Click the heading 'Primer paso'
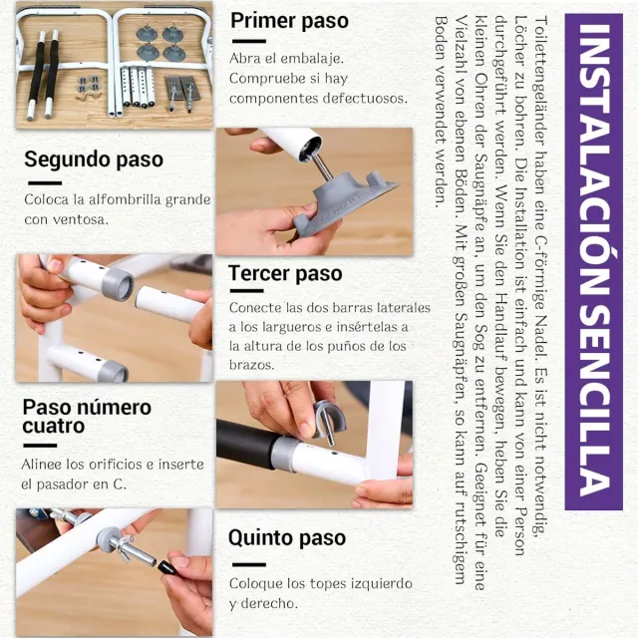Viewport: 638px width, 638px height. pos(289,21)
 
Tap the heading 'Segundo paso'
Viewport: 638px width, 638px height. pos(94,159)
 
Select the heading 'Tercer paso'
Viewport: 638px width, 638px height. pos(285,274)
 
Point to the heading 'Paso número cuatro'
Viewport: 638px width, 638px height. pos(87,417)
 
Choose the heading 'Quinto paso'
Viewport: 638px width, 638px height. pos(287,538)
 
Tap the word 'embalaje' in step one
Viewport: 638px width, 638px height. pos(317,58)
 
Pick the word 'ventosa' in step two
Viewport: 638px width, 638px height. pos(81,219)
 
